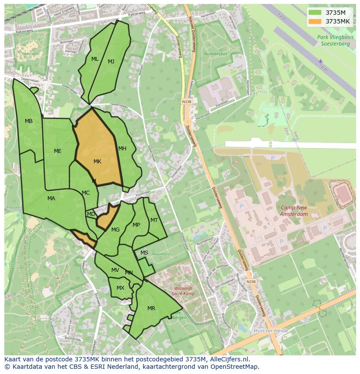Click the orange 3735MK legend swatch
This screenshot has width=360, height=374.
(x=316, y=21)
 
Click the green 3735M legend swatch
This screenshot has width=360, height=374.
(x=316, y=13)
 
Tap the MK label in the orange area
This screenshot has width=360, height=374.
(x=97, y=162)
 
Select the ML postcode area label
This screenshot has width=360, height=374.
(x=95, y=59)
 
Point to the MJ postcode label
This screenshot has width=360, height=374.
(x=111, y=62)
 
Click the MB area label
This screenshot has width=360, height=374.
(x=29, y=121)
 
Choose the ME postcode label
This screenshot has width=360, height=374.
(x=57, y=151)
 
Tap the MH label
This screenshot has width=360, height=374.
(x=122, y=149)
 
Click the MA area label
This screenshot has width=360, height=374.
(x=51, y=199)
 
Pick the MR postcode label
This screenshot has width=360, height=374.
(x=151, y=308)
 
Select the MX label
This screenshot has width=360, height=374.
(x=120, y=288)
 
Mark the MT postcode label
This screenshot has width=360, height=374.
(x=154, y=220)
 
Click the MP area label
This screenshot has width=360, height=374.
(x=137, y=225)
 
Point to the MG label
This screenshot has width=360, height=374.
(x=115, y=230)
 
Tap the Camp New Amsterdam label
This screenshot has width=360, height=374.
(x=294, y=211)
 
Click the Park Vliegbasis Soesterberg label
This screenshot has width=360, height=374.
(x=335, y=40)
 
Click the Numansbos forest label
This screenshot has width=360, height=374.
(x=215, y=54)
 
